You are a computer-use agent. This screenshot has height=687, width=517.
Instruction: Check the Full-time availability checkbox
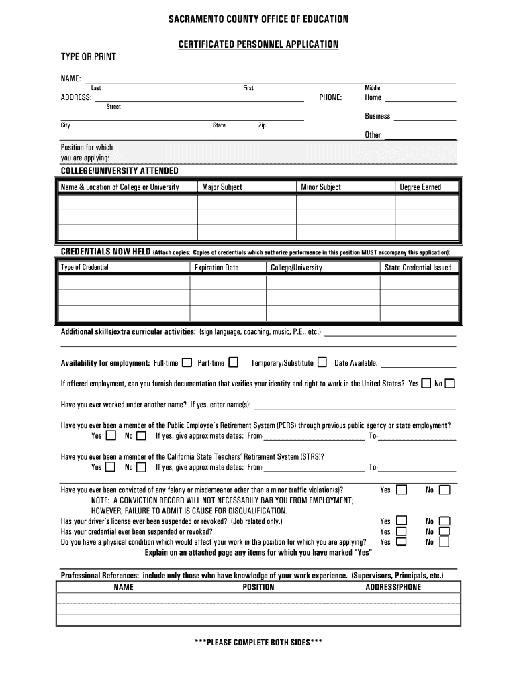(187, 363)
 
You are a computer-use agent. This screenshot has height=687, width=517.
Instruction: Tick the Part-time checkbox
(233, 363)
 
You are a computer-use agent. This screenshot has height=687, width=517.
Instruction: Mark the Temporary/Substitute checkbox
(322, 363)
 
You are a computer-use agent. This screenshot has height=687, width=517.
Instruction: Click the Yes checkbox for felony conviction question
(402, 490)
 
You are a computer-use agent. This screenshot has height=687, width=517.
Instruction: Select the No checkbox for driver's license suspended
(444, 521)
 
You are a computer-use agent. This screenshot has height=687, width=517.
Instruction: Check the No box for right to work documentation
(450, 384)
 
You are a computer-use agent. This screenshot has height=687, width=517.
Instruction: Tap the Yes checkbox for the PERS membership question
(110, 436)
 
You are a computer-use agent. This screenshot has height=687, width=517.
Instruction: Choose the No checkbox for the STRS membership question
(141, 467)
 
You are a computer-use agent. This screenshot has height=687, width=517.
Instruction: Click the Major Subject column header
(222, 187)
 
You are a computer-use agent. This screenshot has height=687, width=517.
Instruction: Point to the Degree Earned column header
(420, 187)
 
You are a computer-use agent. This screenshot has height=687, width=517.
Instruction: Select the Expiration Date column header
(216, 268)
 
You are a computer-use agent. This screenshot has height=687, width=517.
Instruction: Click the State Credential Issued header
(418, 268)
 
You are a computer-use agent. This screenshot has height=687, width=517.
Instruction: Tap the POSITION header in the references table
(258, 587)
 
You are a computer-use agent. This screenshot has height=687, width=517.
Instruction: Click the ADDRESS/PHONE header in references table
(393, 587)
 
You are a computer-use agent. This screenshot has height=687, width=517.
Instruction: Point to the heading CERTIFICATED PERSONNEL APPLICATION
(258, 44)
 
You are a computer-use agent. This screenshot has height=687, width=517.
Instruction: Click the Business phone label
(377, 116)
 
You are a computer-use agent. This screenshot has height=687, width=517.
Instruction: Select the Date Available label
(356, 364)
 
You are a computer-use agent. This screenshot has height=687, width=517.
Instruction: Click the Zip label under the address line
(262, 125)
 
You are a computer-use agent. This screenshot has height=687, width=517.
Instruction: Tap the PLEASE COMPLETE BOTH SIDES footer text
(258, 642)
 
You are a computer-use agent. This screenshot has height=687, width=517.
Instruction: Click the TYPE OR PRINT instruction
(89, 57)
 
